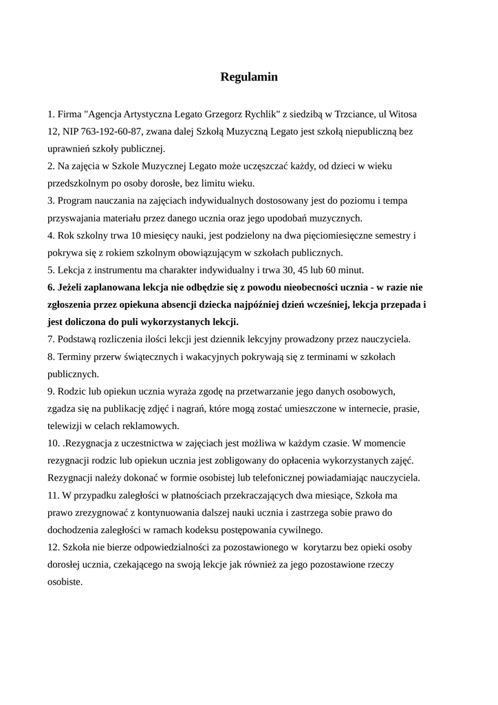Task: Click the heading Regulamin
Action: pos(249,77)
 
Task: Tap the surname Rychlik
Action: pos(254,113)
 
